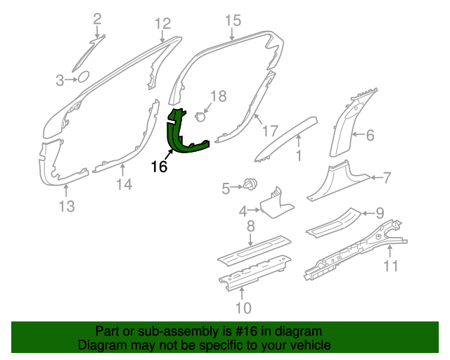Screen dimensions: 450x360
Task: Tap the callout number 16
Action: click(x=159, y=167)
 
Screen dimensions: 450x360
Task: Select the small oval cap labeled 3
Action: click(x=84, y=77)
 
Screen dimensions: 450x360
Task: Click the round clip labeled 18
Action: click(x=200, y=117)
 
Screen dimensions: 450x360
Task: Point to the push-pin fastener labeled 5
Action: click(x=250, y=184)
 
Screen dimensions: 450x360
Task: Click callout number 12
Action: click(x=162, y=23)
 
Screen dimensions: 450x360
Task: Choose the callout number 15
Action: click(x=233, y=20)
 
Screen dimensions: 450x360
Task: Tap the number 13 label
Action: click(x=67, y=206)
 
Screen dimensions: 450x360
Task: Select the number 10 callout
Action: click(x=243, y=308)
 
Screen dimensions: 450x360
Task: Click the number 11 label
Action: click(x=391, y=266)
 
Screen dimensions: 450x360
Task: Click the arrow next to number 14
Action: click(x=123, y=169)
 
